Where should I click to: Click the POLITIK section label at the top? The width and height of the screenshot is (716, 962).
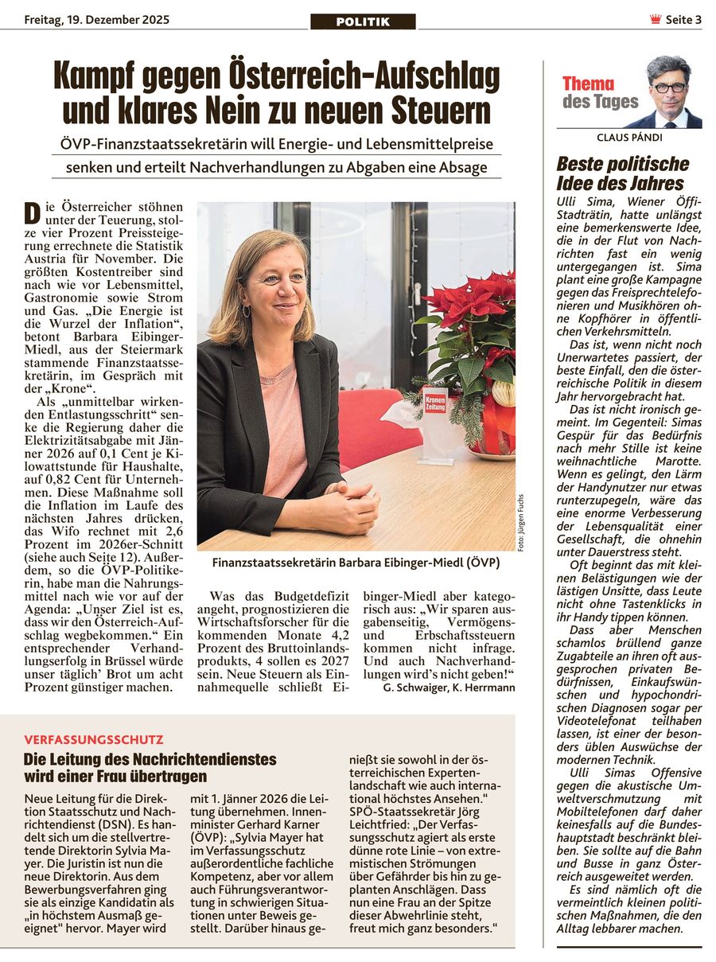(x=363, y=21)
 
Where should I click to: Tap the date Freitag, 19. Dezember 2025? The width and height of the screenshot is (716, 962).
(x=96, y=20)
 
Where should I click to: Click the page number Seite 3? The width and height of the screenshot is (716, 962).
(x=683, y=20)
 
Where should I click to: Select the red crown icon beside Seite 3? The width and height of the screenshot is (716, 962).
(x=656, y=20)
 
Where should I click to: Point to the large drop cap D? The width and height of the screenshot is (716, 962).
(x=32, y=213)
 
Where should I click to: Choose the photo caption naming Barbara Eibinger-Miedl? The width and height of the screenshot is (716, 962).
(x=356, y=563)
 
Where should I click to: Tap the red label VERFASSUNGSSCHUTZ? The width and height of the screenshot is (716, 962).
(x=93, y=739)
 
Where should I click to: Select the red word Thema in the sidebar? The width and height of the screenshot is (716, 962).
(x=588, y=84)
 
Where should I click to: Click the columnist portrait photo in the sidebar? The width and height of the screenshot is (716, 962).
(x=668, y=92)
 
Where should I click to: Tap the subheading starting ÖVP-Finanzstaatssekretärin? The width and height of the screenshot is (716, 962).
(x=276, y=144)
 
